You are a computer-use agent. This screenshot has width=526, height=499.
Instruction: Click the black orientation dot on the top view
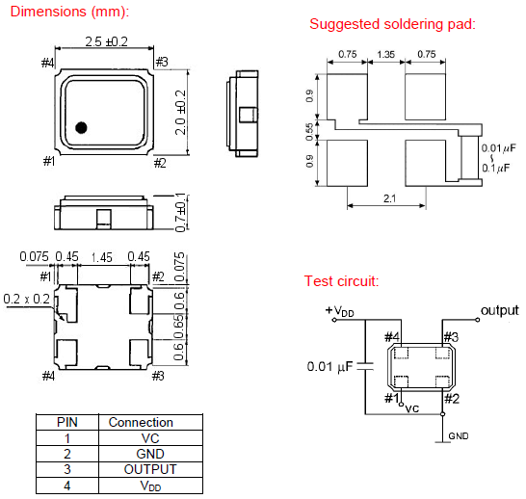[82, 127]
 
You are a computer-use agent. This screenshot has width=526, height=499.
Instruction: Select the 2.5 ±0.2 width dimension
[106, 42]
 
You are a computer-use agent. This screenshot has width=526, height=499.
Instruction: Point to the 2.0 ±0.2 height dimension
[180, 113]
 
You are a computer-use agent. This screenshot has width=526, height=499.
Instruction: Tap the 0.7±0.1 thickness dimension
[180, 213]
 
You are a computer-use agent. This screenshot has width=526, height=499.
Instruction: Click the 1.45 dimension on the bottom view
[102, 257]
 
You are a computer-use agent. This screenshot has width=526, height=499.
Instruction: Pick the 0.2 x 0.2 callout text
[27, 299]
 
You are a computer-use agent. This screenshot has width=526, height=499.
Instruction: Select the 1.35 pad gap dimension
[385, 54]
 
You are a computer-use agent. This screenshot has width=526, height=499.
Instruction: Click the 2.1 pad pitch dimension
[389, 198]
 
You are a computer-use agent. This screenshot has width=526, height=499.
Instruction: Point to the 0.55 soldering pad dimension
[309, 131]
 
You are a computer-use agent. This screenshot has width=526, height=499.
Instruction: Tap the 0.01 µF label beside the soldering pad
[498, 148]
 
